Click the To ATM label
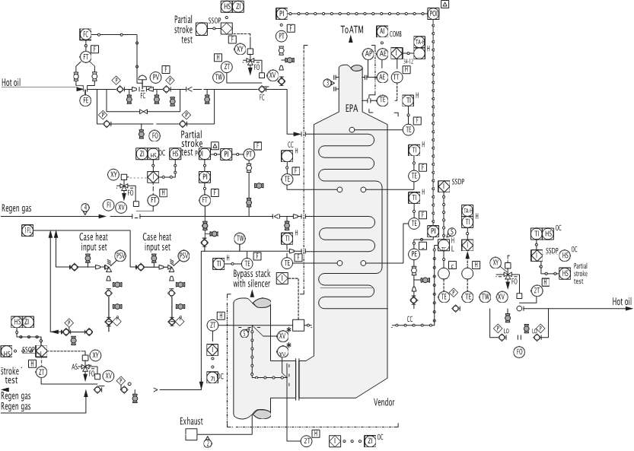point(352,29)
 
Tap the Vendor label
point(384,402)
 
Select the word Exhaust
point(191,420)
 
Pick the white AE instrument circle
point(383,77)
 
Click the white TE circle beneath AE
point(383,100)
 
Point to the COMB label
point(396,34)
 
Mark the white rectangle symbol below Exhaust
point(192,435)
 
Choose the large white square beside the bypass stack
point(298,325)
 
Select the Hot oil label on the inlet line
point(11,82)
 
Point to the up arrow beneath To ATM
point(352,44)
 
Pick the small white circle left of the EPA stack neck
point(327,81)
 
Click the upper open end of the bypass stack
point(253,302)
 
